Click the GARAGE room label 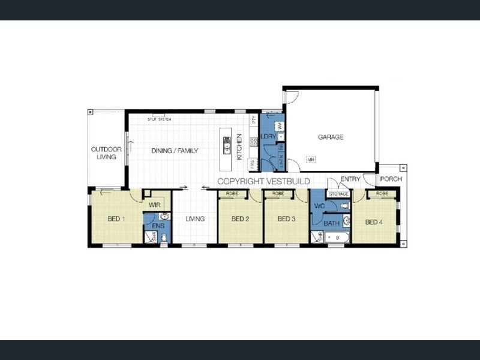(x=331, y=137)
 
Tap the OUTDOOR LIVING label (x=106, y=153)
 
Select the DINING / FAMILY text (x=174, y=151)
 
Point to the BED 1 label (x=116, y=219)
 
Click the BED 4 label (x=374, y=223)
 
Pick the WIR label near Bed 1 (x=154, y=205)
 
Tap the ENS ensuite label (x=157, y=226)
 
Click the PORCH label (x=391, y=179)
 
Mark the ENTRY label (x=350, y=179)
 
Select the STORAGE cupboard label (x=338, y=194)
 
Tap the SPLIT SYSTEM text (x=160, y=119)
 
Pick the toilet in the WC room (x=344, y=206)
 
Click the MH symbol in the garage (x=311, y=159)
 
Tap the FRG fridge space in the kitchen (x=253, y=163)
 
